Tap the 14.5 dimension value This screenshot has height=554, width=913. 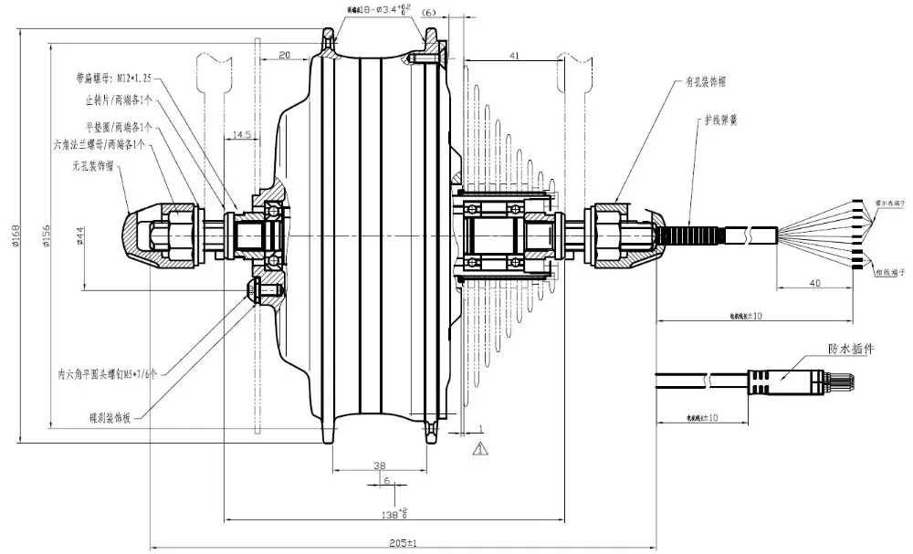coord(242,134)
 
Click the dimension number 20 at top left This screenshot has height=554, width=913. coord(284,55)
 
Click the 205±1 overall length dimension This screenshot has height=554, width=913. coord(395,541)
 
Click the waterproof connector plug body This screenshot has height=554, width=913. coord(785,378)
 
